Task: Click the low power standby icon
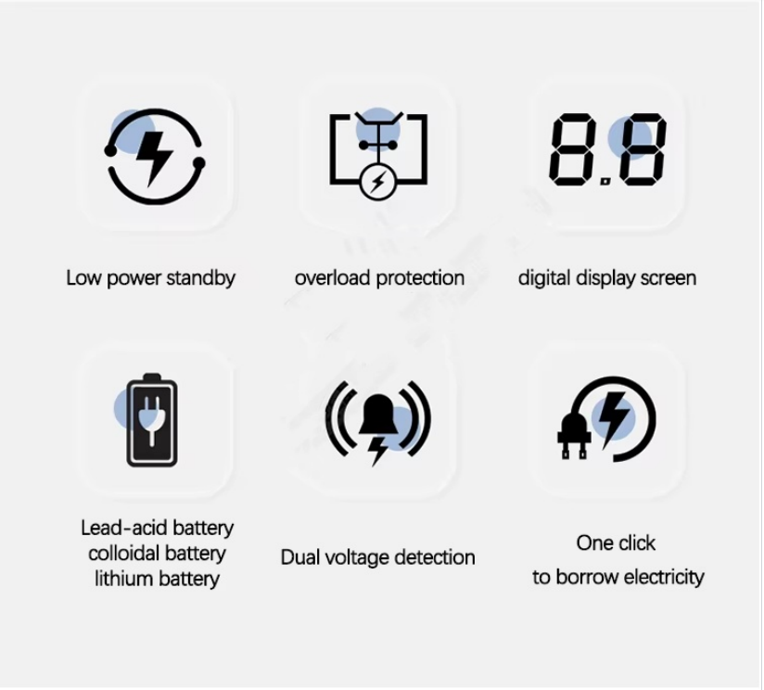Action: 154,157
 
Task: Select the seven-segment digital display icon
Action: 607,149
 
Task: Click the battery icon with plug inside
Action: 151,420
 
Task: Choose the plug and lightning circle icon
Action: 606,419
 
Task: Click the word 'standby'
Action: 201,278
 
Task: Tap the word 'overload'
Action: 332,277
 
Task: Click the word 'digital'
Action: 543,278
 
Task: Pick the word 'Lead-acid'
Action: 123,528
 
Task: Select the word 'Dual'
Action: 300,557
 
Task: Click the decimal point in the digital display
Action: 605,182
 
